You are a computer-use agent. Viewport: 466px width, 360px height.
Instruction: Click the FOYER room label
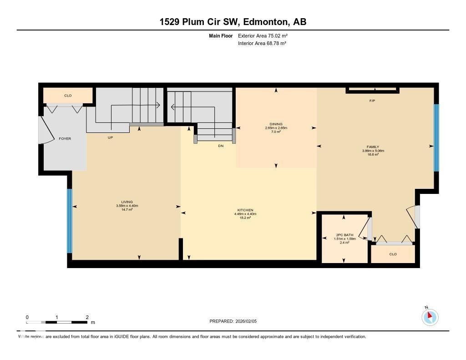[65, 138]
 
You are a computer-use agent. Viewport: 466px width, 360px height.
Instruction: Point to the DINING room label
[276, 124]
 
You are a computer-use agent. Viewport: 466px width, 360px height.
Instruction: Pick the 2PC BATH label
[344, 235]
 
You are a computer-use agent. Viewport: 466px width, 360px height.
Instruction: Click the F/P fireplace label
[372, 101]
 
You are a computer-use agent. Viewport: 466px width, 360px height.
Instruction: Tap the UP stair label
[110, 137]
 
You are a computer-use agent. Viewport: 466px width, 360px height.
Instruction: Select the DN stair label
[221, 146]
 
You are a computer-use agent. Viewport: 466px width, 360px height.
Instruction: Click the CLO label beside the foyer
[68, 96]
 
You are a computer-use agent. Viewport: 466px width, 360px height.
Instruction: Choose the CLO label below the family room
[393, 254]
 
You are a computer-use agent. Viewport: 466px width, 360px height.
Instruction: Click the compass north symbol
[430, 317]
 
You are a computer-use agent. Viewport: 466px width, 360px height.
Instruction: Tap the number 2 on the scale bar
[87, 317]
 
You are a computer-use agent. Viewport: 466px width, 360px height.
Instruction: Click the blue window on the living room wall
[70, 221]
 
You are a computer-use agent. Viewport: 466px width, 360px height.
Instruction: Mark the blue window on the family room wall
[436, 137]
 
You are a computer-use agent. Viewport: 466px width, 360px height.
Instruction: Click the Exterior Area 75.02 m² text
[263, 35]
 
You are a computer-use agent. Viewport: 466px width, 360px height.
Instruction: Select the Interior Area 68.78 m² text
[262, 43]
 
